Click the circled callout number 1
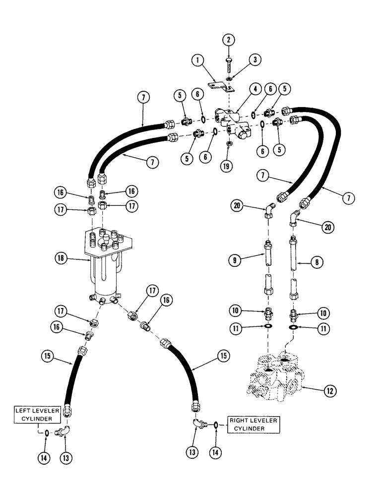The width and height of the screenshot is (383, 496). [197, 62]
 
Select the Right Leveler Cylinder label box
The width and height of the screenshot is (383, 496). [253, 425]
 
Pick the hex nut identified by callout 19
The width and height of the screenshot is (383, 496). [230, 144]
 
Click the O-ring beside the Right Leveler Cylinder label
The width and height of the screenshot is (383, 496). [217, 425]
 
